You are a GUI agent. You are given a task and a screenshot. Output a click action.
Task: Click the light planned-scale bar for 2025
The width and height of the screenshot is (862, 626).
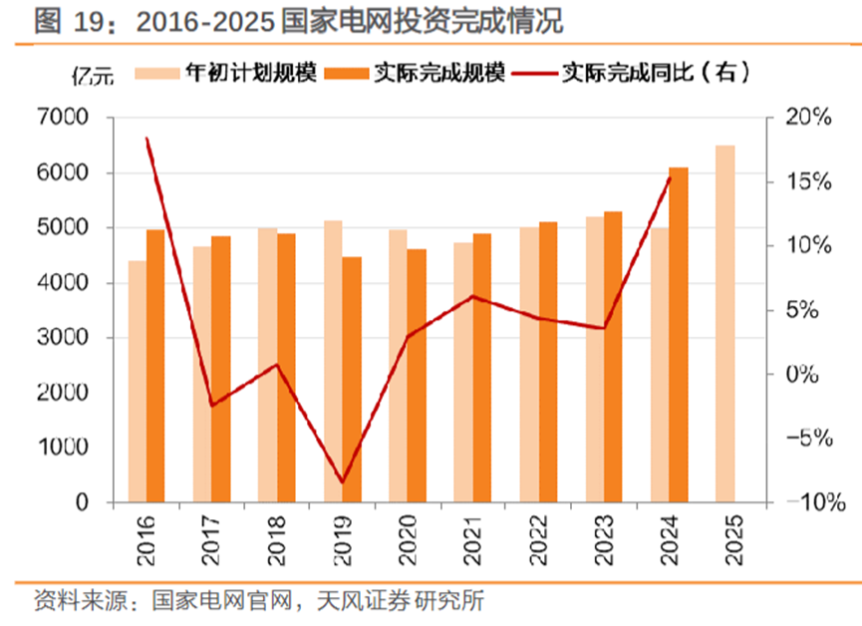point(724,324)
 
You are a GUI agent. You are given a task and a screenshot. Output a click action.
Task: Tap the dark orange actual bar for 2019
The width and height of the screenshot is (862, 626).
point(352,380)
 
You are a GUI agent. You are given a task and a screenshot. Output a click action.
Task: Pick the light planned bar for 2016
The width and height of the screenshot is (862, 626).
point(137,382)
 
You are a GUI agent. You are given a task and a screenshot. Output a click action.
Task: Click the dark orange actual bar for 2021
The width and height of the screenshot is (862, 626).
point(482,368)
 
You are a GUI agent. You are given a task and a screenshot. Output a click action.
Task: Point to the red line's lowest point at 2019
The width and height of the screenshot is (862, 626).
point(343,482)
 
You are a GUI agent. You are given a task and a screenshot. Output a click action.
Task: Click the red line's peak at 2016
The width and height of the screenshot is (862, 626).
point(146,139)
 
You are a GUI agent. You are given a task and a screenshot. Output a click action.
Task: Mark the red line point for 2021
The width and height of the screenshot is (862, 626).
point(473,296)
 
